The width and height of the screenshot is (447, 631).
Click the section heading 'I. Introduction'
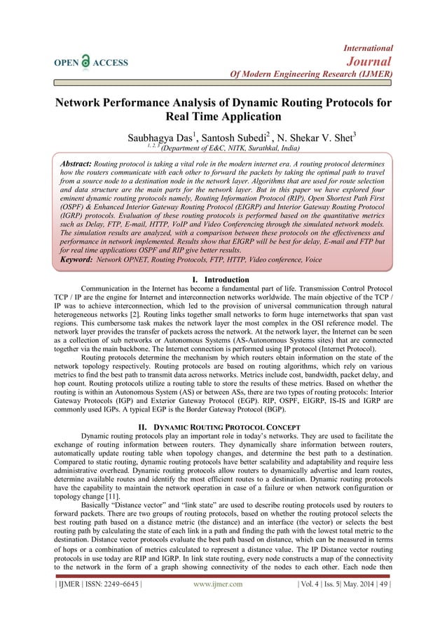click(x=223, y=278)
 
